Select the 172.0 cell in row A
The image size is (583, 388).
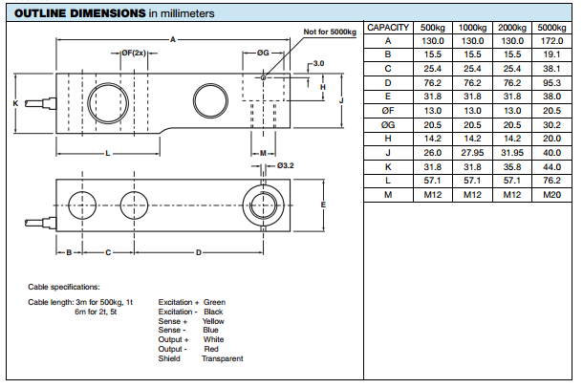click(x=550, y=42)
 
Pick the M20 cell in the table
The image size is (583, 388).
click(x=550, y=195)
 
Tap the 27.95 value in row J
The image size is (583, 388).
click(x=472, y=153)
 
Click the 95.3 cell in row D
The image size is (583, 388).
click(x=550, y=83)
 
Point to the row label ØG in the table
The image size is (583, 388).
click(x=388, y=125)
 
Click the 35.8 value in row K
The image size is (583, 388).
click(x=511, y=167)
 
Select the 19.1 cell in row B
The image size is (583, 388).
click(x=550, y=55)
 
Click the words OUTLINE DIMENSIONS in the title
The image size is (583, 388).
click(x=77, y=13)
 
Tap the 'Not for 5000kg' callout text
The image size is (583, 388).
click(x=330, y=32)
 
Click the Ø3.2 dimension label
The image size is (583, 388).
click(x=286, y=165)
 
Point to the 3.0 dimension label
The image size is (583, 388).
click(x=319, y=64)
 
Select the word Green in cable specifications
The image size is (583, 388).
click(x=214, y=302)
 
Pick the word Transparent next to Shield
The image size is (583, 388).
click(x=222, y=358)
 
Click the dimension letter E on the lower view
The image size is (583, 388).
click(x=324, y=205)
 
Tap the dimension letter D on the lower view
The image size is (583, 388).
click(x=198, y=252)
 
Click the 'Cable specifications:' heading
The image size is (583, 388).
click(x=64, y=287)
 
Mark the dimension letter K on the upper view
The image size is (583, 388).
click(x=16, y=101)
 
